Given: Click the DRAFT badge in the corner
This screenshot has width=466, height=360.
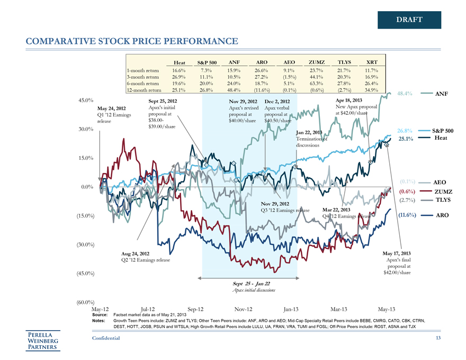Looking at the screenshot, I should tap(409, 20).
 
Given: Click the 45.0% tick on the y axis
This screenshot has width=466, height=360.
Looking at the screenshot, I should tap(86, 100).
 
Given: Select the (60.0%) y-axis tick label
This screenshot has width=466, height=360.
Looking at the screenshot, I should tap(85, 302).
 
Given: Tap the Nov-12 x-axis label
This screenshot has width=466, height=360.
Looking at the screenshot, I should tap(244, 309).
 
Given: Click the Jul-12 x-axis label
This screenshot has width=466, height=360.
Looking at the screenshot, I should tap(148, 309).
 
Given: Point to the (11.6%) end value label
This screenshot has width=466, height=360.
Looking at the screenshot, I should tap(407, 215).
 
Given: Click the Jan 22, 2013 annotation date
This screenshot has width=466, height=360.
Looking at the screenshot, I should tap(310, 132).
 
